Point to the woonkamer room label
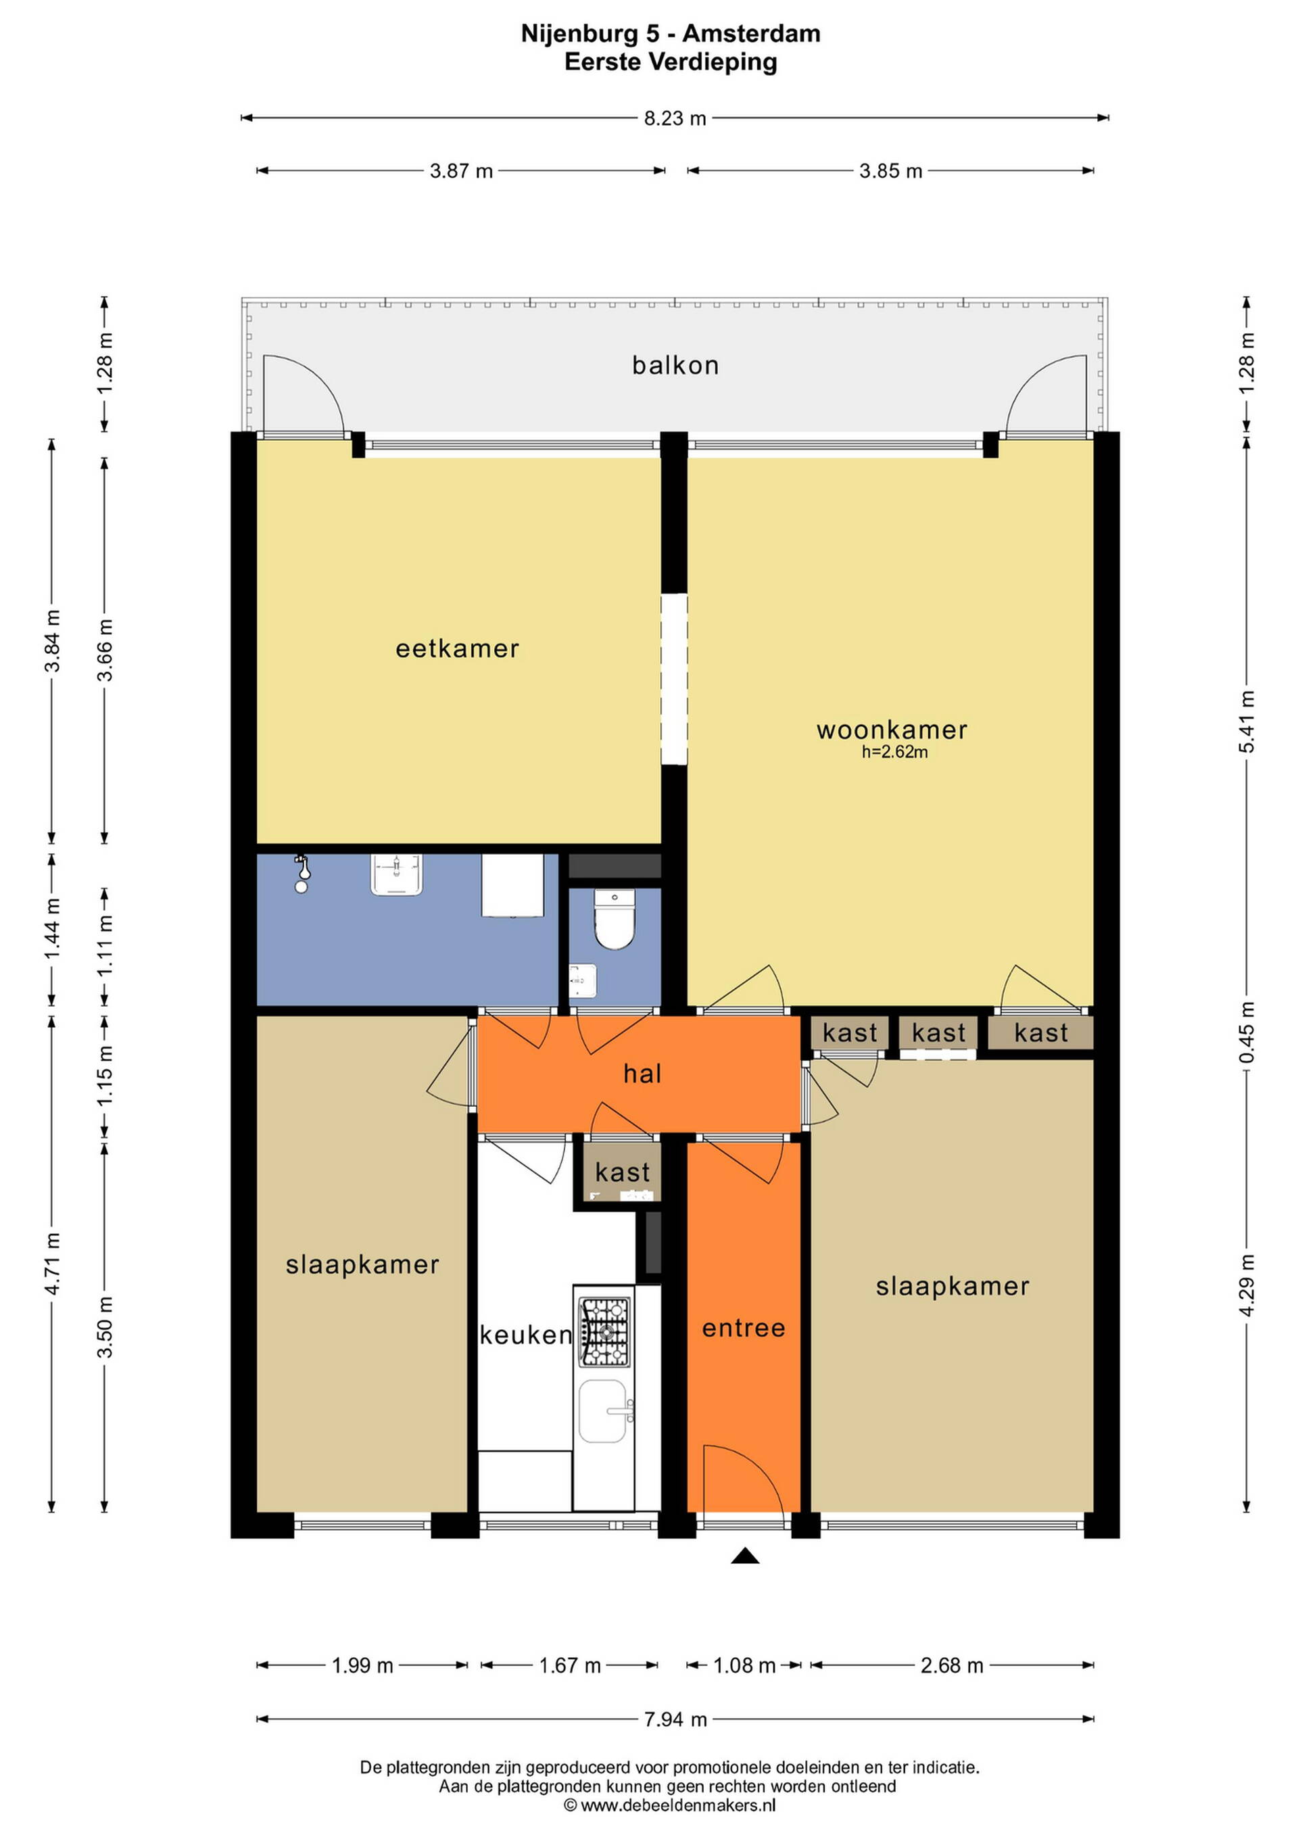[892, 730]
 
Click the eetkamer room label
[457, 648]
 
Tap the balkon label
[675, 365]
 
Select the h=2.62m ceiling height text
[894, 752]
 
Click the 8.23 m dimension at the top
[675, 118]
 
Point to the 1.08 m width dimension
[744, 1665]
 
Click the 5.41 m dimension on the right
[1247, 721]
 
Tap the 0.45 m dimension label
[1247, 1032]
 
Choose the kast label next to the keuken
[623, 1172]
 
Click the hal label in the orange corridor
[643, 1074]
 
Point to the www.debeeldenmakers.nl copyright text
[678, 1805]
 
